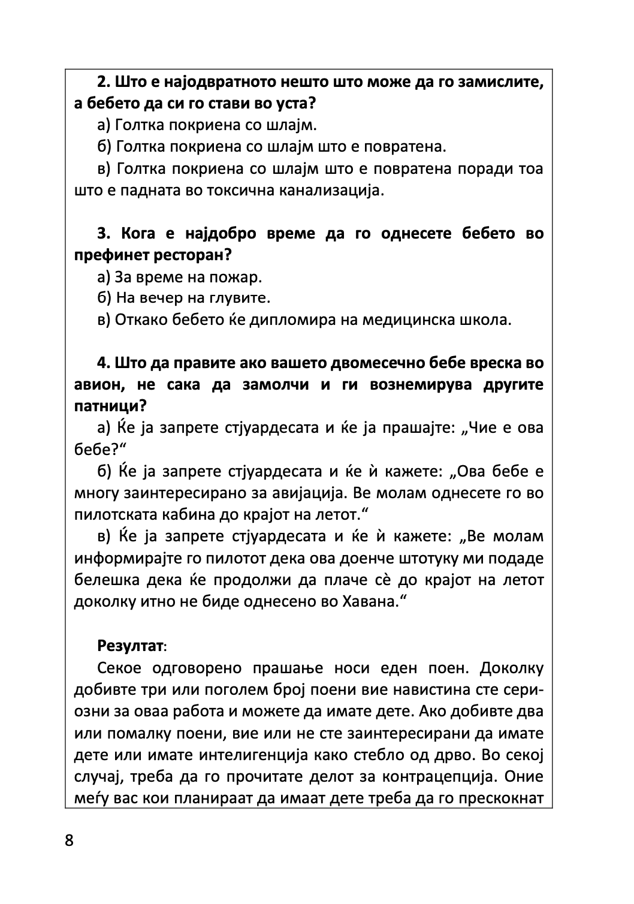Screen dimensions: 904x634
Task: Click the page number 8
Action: click(69, 840)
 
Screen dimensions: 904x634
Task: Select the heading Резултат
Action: click(129, 646)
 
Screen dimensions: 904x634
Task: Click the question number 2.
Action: click(102, 82)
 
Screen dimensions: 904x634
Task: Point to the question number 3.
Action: click(102, 233)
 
